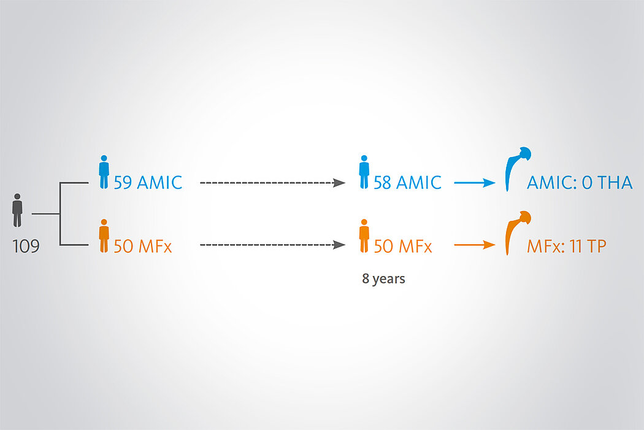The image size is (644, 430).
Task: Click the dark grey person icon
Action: pyautogui.click(x=17, y=210)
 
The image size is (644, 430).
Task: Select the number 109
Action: pyautogui.click(x=26, y=247)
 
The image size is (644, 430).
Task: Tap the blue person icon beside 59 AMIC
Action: pyautogui.click(x=104, y=172)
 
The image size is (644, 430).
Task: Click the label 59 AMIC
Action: pyautogui.click(x=148, y=183)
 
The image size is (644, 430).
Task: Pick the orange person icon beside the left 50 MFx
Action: pyautogui.click(x=104, y=236)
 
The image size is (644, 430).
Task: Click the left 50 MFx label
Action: pyautogui.click(x=142, y=247)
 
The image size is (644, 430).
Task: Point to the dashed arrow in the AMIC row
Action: pyautogui.click(x=273, y=183)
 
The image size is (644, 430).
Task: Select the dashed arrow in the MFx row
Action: pyautogui.click(x=273, y=245)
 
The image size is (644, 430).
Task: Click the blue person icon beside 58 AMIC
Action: pyautogui.click(x=364, y=172)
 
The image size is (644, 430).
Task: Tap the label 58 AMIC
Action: pyautogui.click(x=407, y=183)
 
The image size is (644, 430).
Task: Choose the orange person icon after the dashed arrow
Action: pyautogui.click(x=364, y=236)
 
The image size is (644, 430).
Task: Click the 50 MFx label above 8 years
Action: pyautogui.click(x=402, y=247)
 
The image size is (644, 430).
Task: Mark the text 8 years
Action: pyautogui.click(x=383, y=279)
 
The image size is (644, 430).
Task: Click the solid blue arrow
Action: pyautogui.click(x=475, y=183)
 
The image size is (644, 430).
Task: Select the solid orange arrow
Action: pyautogui.click(x=475, y=245)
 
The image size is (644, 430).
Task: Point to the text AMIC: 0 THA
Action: pyautogui.click(x=580, y=183)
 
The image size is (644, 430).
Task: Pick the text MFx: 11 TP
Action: pyautogui.click(x=566, y=247)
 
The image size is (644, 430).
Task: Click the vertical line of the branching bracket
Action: pyautogui.click(x=60, y=214)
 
